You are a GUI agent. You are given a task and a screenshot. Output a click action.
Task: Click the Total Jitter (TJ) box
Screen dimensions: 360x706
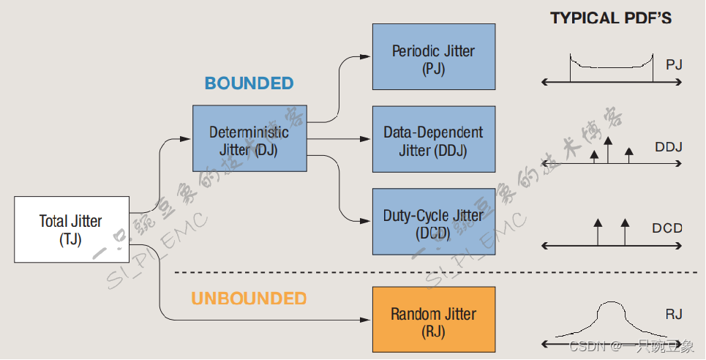point(72,230)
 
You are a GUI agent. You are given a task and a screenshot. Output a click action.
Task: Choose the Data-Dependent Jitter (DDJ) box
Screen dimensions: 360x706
point(433,140)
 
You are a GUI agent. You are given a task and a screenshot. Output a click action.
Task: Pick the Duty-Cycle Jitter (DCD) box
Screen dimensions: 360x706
point(433,223)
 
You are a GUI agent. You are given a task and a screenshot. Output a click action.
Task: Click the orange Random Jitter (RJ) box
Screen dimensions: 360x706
point(433,321)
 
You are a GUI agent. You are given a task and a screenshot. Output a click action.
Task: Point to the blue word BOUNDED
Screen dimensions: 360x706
point(249,83)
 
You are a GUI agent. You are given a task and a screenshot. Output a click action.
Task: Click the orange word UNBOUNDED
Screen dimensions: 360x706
point(249,299)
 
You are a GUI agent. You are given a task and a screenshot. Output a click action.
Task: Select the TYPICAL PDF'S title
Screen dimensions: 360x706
point(611,18)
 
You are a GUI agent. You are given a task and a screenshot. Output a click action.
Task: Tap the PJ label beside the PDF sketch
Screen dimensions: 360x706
point(674,65)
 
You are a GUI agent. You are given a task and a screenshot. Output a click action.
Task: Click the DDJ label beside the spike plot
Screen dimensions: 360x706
point(669,147)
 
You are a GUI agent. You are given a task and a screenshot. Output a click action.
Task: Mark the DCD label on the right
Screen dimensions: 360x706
point(667,228)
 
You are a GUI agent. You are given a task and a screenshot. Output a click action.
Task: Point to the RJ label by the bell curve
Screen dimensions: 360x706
point(674,315)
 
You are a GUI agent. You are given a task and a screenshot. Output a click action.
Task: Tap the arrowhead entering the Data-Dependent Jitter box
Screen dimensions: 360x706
point(367,138)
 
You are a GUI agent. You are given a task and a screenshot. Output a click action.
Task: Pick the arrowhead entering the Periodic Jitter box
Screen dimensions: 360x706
point(367,56)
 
